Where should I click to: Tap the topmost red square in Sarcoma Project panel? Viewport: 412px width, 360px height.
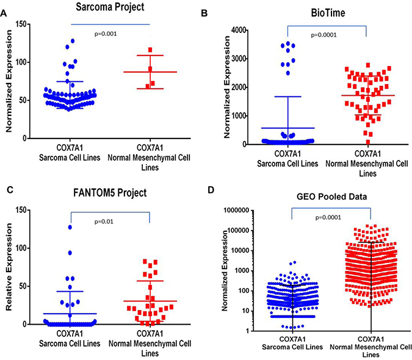tap(150, 50)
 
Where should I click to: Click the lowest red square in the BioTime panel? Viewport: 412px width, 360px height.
tap(333, 142)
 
